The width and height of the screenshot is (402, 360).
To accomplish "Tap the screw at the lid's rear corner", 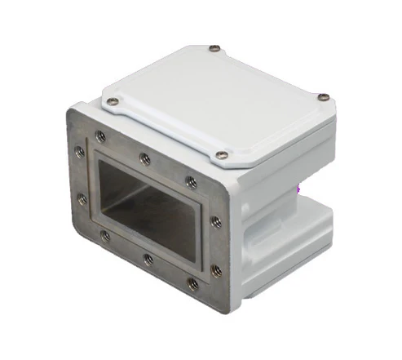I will coord(214,48).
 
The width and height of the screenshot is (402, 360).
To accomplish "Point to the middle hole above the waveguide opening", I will coord(144,158).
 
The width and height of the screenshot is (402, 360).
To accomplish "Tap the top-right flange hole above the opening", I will coord(191,181).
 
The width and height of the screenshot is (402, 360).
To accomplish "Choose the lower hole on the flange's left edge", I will coord(82,198).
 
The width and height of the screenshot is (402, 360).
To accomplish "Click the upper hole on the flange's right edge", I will coord(217,220).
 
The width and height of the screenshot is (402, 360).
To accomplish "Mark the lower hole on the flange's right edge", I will coord(215,269).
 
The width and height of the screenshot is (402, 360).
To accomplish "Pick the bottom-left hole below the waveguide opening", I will coord(105,236).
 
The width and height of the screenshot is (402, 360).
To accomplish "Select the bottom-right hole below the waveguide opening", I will coord(192,283).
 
